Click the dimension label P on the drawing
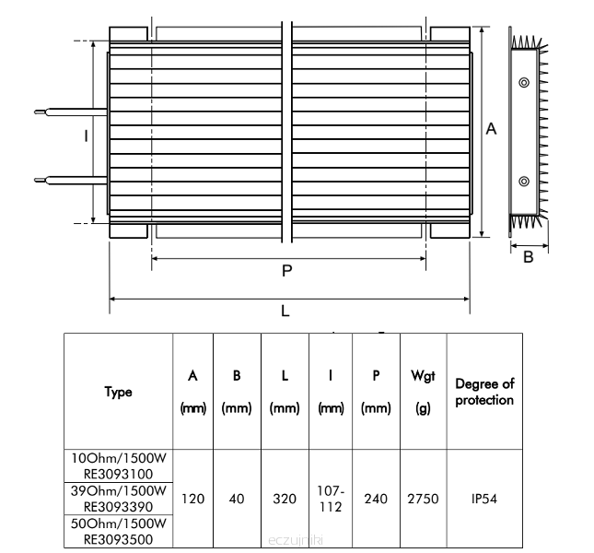pyautogui.click(x=286, y=271)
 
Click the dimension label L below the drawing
pyautogui.click(x=285, y=311)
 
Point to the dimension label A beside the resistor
pyautogui.click(x=492, y=130)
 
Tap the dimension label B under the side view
pyautogui.click(x=529, y=257)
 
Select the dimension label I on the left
pyautogui.click(x=86, y=136)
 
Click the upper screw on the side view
pyautogui.click(x=524, y=83)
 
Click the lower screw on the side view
pyautogui.click(x=524, y=181)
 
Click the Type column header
pyautogui.click(x=118, y=392)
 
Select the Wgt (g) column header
pyautogui.click(x=423, y=392)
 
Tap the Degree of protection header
pyautogui.click(x=484, y=392)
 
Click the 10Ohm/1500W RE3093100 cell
pyautogui.click(x=118, y=465)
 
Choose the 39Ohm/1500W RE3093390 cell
pyautogui.click(x=118, y=498)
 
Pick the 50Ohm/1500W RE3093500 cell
pyautogui.click(x=118, y=531)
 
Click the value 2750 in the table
pyautogui.click(x=423, y=499)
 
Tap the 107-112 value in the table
pyautogui.click(x=331, y=499)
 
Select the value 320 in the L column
pyautogui.click(x=285, y=499)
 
